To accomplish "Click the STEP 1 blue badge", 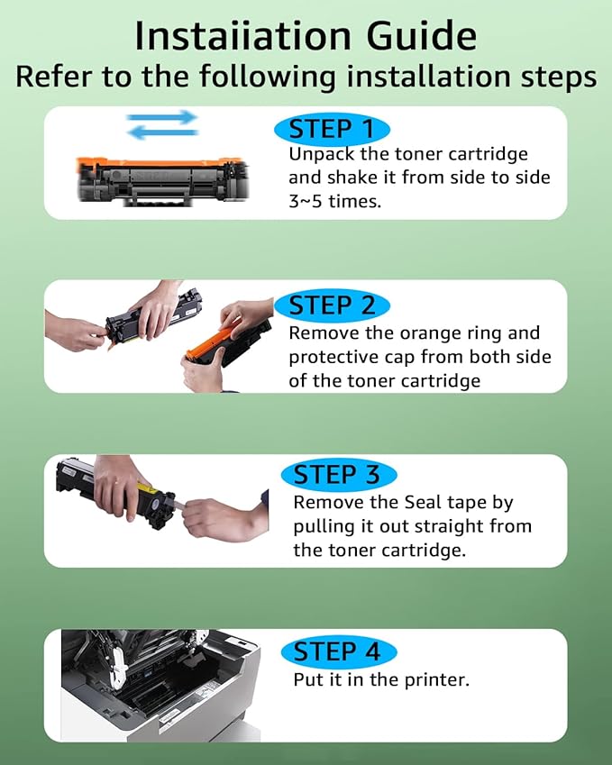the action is click(x=332, y=130).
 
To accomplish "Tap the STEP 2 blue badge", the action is click(x=332, y=305).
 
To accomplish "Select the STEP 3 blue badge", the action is click(x=339, y=475).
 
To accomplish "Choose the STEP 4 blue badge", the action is click(x=339, y=651).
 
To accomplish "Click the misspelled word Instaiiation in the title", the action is click(x=243, y=36).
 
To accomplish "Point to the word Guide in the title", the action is click(x=422, y=36).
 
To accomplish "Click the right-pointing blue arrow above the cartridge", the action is click(x=161, y=117).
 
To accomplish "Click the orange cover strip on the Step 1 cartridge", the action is click(x=159, y=163).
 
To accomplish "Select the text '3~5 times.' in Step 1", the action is click(x=334, y=201).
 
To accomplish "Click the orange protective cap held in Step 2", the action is click(x=209, y=343).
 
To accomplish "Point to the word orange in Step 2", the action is click(x=431, y=333).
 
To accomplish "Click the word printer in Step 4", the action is click(x=437, y=680).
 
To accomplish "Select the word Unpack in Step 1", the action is click(x=322, y=155).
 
